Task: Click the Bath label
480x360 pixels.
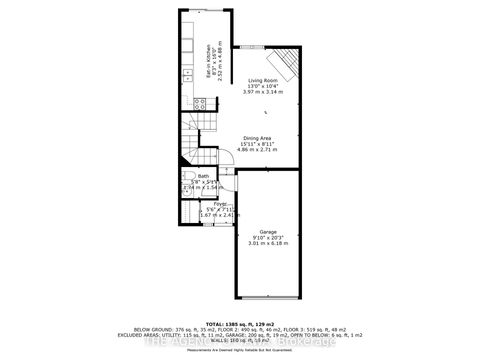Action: [203, 176]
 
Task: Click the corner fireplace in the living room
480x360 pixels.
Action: [288, 65]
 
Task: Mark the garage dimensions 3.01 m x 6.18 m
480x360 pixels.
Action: [267, 242]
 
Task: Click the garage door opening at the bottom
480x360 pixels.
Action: [267, 297]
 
